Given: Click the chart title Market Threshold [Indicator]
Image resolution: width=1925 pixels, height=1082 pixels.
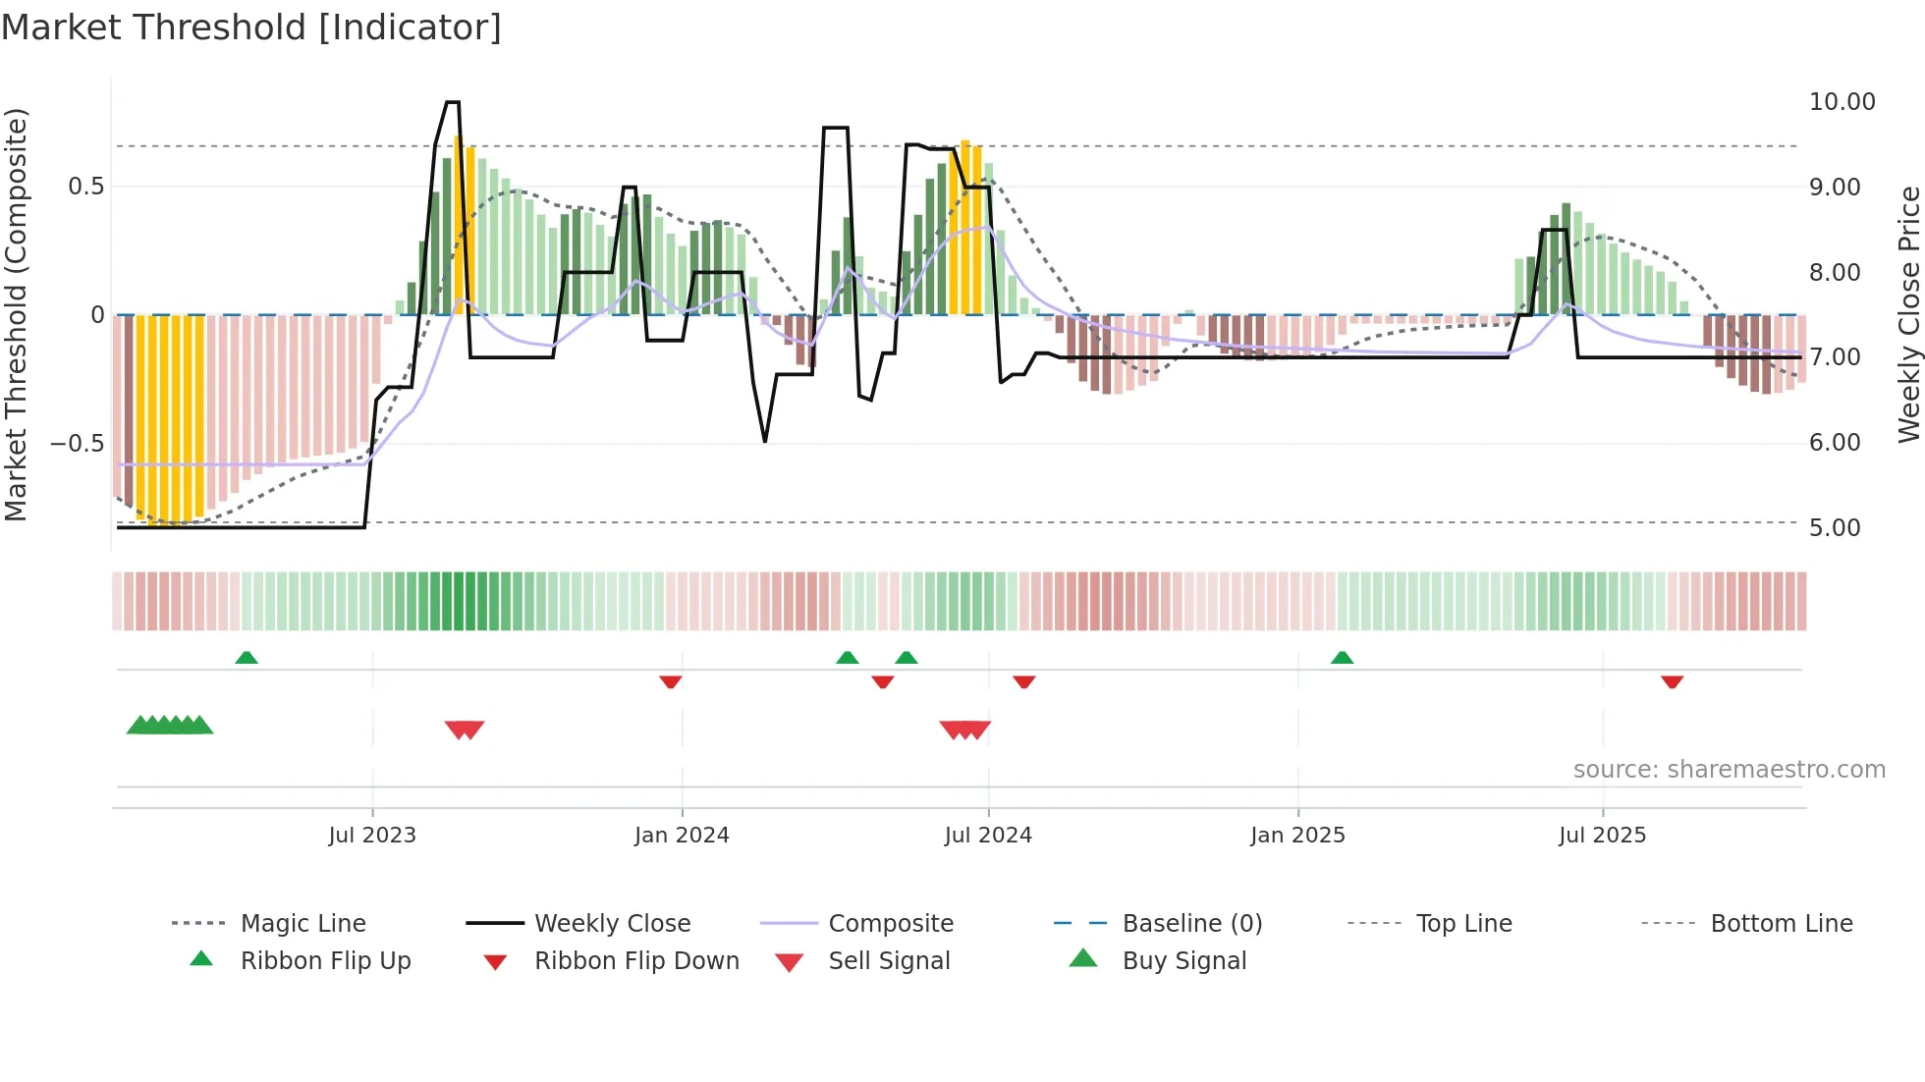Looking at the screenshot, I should click(251, 27).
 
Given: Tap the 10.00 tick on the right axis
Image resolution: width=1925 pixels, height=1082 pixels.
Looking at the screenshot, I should click(1842, 102).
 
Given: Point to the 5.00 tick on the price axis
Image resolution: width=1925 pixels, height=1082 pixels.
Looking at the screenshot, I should click(1834, 528).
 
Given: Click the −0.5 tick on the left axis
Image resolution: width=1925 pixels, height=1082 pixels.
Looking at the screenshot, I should click(77, 444).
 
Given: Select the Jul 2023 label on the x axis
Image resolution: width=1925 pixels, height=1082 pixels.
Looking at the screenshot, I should click(372, 836).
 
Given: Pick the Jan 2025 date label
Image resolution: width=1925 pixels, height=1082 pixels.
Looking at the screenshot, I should click(1297, 836).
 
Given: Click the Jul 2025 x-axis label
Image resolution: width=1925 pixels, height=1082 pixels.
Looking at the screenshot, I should click(1602, 836).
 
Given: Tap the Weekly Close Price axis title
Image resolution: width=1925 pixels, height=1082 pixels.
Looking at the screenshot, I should click(1908, 314).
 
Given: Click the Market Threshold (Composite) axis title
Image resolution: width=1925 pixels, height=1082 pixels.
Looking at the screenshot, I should click(16, 314).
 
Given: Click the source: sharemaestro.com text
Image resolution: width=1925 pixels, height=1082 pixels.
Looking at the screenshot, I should click(1729, 770).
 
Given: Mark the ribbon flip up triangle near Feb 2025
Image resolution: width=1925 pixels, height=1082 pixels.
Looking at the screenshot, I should click(1342, 658).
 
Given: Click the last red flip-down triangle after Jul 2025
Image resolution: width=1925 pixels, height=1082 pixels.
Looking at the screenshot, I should click(1672, 681).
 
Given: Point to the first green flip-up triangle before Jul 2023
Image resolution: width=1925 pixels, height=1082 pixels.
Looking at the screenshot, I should click(247, 658).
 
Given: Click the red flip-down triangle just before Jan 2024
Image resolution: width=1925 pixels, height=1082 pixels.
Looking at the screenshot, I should click(670, 681).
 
